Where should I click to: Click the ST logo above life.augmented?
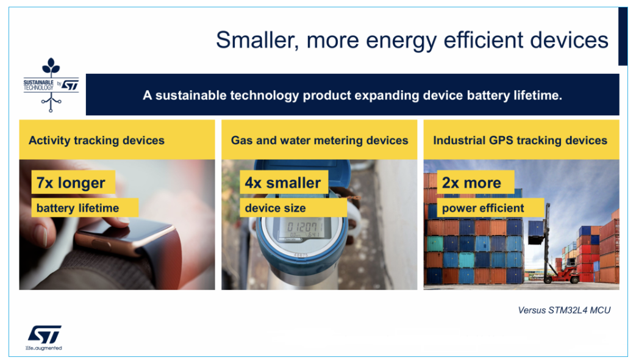click(x=45, y=334)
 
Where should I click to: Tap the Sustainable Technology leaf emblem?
click(x=51, y=84)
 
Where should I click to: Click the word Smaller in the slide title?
click(x=257, y=40)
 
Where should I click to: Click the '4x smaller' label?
click(x=284, y=182)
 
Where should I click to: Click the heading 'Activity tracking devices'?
click(x=96, y=140)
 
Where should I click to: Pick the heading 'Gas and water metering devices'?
click(x=320, y=140)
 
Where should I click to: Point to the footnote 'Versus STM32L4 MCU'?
click(x=564, y=310)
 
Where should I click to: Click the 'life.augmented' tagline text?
click(x=44, y=348)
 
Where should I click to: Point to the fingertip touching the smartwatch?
click(x=121, y=221)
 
